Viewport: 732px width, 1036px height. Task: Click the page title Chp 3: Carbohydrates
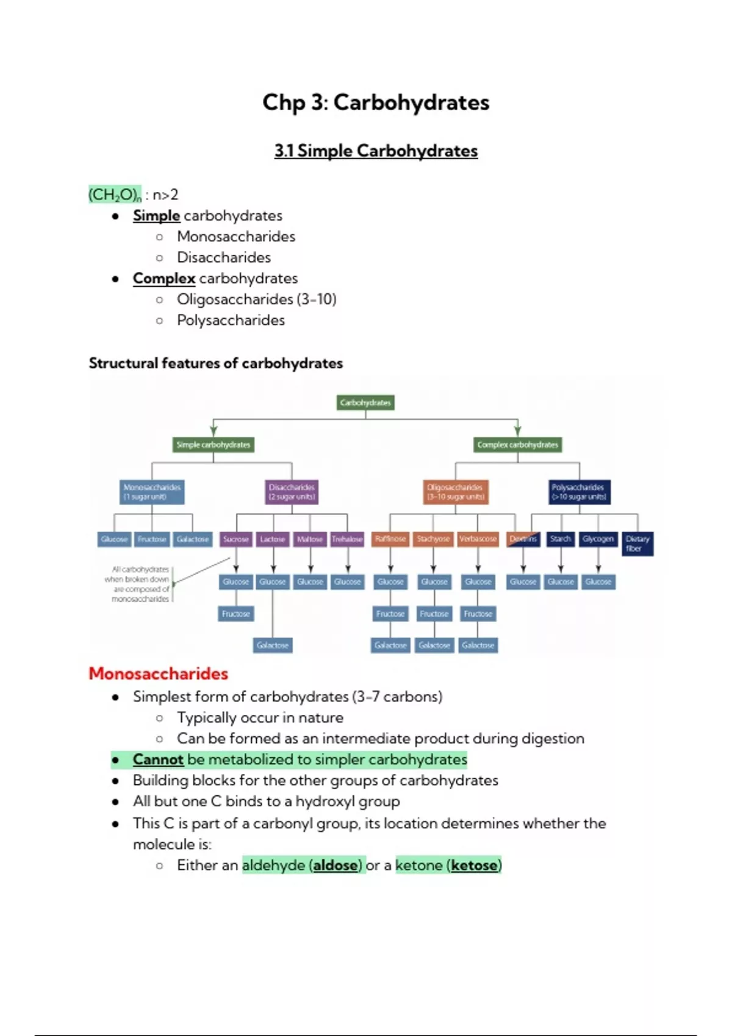[376, 102]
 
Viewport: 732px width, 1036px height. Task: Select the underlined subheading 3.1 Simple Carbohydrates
[376, 151]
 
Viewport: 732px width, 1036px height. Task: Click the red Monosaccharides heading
[158, 673]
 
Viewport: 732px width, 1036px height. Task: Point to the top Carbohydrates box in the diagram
[365, 403]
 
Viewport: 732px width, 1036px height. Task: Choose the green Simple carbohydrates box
[213, 445]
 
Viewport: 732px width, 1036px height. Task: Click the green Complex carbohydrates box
[517, 445]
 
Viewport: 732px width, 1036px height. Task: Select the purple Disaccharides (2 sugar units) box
[292, 492]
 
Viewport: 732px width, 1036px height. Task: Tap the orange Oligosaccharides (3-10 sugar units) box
[455, 492]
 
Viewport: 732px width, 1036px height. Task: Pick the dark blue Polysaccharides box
[579, 492]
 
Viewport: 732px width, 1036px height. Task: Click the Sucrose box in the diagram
[236, 539]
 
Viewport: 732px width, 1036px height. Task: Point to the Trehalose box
[347, 539]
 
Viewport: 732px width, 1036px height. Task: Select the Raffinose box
[390, 539]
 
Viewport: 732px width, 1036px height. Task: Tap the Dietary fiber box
[637, 544]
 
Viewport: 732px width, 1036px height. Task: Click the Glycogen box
[598, 539]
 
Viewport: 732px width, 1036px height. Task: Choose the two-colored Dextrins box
[523, 539]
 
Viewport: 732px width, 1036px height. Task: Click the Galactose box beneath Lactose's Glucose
[273, 645]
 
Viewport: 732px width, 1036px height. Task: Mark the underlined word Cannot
[158, 759]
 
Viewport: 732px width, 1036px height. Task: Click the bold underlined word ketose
[474, 865]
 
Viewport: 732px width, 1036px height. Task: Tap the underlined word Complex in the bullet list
[164, 279]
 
